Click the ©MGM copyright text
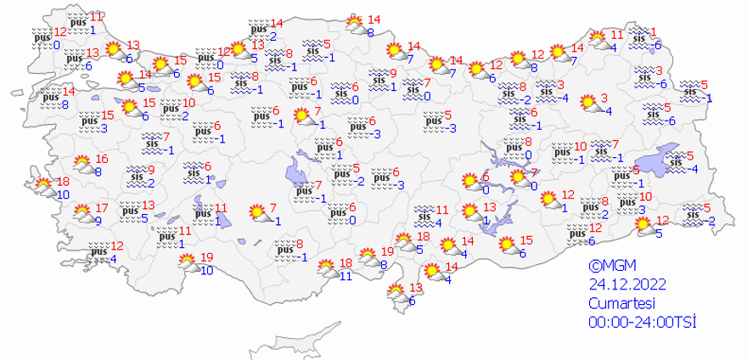(609, 267)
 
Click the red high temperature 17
(102, 208)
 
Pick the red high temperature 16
(102, 159)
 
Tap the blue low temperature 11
(345, 276)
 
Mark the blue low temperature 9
(98, 222)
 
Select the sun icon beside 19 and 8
(367, 255)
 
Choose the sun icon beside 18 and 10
(42, 183)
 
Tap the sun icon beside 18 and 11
(325, 269)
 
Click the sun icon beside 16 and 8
(83, 164)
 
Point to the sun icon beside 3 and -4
(587, 104)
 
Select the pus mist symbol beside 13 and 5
(130, 209)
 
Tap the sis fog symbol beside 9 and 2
(136, 176)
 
